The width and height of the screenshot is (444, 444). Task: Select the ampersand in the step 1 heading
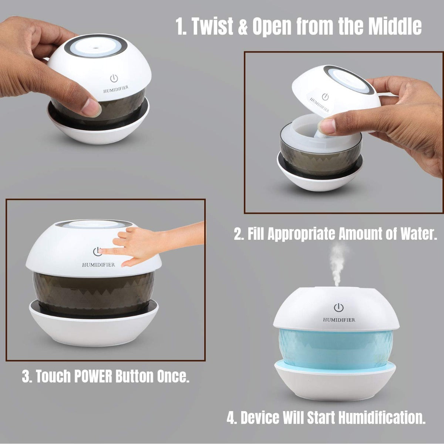point(244,28)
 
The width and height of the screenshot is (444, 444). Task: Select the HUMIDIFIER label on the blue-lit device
point(339,320)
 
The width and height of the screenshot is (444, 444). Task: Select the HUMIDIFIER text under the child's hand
point(98,265)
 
